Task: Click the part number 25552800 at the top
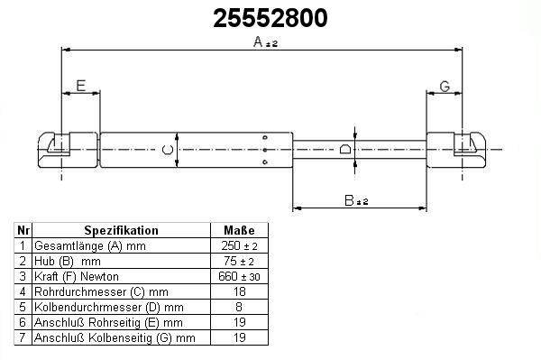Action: click(x=270, y=18)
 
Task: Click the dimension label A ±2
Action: click(x=265, y=42)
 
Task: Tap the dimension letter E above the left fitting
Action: click(x=81, y=86)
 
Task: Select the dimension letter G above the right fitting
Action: click(x=445, y=86)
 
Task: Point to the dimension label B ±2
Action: click(x=356, y=200)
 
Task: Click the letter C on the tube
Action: click(x=168, y=150)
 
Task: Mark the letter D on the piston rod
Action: click(x=345, y=149)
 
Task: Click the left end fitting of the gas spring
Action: click(x=68, y=150)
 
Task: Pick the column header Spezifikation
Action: click(x=121, y=230)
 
